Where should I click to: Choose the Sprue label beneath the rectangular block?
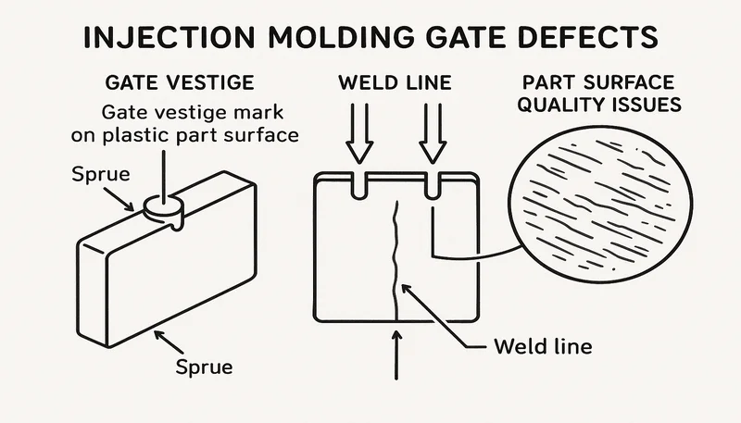pyautogui.click(x=203, y=367)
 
